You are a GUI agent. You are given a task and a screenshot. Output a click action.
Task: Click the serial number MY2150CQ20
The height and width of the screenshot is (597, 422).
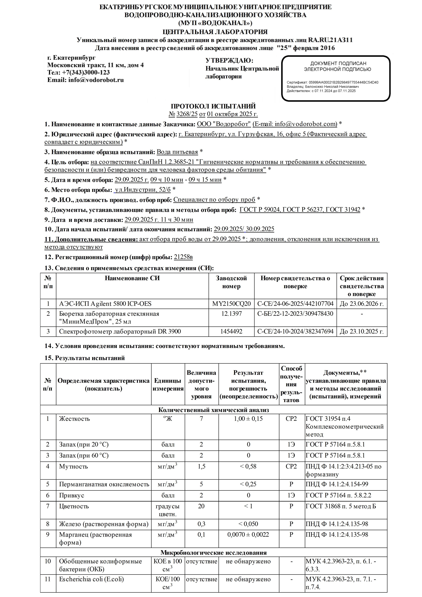(x=231, y=304)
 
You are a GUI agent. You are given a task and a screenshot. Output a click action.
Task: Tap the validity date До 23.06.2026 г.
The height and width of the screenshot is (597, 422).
(x=362, y=304)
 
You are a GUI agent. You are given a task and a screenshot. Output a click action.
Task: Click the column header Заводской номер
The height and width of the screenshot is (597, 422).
(x=231, y=282)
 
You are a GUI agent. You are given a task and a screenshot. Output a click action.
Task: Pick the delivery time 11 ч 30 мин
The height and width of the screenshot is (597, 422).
(x=177, y=220)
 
